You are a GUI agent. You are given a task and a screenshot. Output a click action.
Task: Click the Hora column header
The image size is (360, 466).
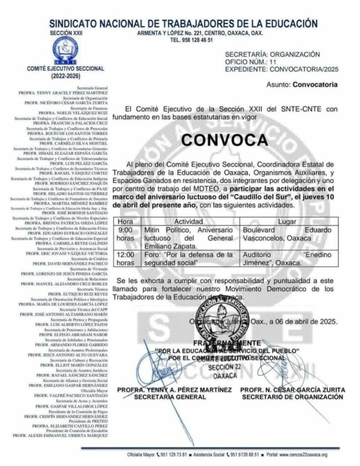point(126,221)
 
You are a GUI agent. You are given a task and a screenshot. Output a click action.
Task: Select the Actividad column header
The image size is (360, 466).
point(188,221)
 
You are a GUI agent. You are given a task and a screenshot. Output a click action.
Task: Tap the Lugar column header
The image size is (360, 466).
point(287,221)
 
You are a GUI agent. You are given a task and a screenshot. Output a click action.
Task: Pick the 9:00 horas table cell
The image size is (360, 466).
point(126,234)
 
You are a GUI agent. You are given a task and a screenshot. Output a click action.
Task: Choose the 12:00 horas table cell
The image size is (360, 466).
point(126,259)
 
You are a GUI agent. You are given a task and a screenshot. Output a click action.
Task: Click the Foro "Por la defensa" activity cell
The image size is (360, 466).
point(188,259)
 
